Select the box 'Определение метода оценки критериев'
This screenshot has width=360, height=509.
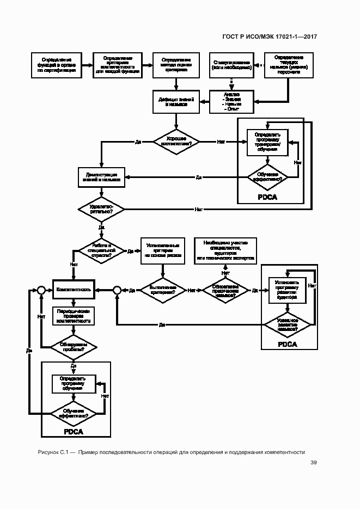click(176, 64)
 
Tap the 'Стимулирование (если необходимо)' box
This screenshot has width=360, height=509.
click(231, 64)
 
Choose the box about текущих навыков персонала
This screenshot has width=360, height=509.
click(289, 64)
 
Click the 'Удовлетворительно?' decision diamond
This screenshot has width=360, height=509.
click(102, 208)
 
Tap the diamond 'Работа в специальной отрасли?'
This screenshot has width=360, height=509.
click(102, 250)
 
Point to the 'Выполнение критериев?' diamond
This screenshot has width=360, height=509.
click(162, 290)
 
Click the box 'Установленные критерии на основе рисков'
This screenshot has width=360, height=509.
click(162, 251)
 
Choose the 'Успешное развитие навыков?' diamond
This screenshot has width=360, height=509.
click(287, 324)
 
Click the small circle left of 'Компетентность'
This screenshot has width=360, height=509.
click(40, 290)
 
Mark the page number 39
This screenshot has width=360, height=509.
click(314, 463)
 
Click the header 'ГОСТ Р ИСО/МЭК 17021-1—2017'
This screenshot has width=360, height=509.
click(270, 38)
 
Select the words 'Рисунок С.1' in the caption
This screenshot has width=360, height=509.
click(52, 451)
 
